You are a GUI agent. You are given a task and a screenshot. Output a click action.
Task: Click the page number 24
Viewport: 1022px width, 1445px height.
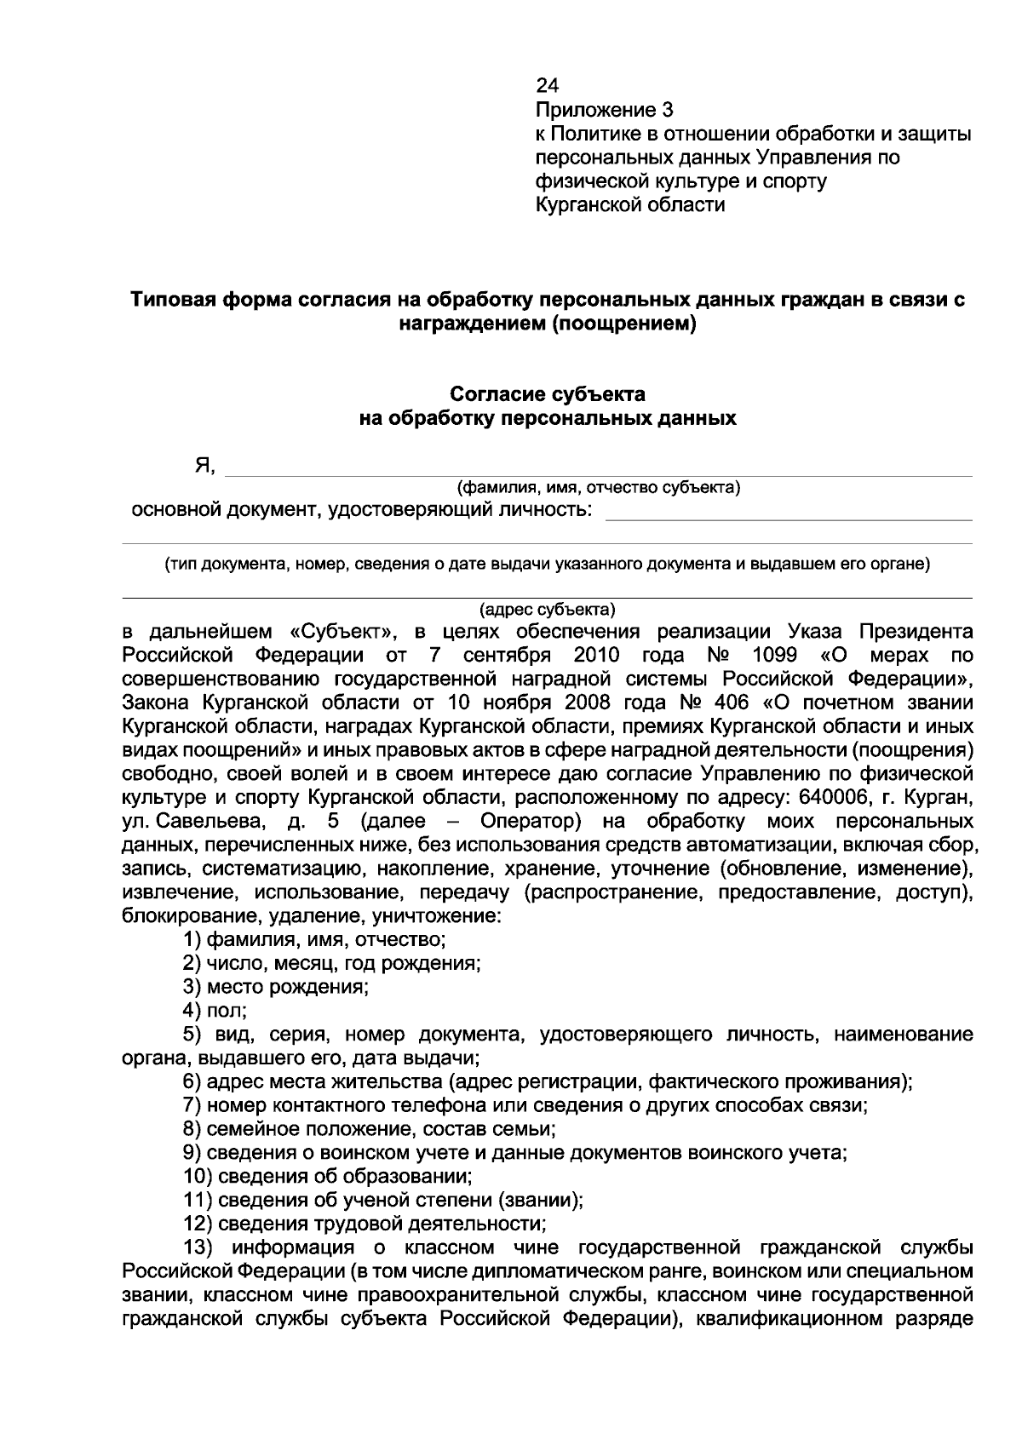point(547,86)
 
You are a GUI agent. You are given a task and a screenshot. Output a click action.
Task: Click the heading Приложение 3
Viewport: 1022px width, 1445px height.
point(604,110)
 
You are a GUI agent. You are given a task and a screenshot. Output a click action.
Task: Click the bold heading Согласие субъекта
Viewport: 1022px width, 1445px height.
point(547,394)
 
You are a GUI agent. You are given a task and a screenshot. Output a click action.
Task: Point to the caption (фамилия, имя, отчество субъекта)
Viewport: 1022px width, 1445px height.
point(599,488)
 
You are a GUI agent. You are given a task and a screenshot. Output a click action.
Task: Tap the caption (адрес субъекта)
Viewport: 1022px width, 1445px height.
point(547,610)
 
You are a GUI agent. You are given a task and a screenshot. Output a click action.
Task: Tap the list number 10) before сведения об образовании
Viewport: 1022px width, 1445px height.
point(198,1177)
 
